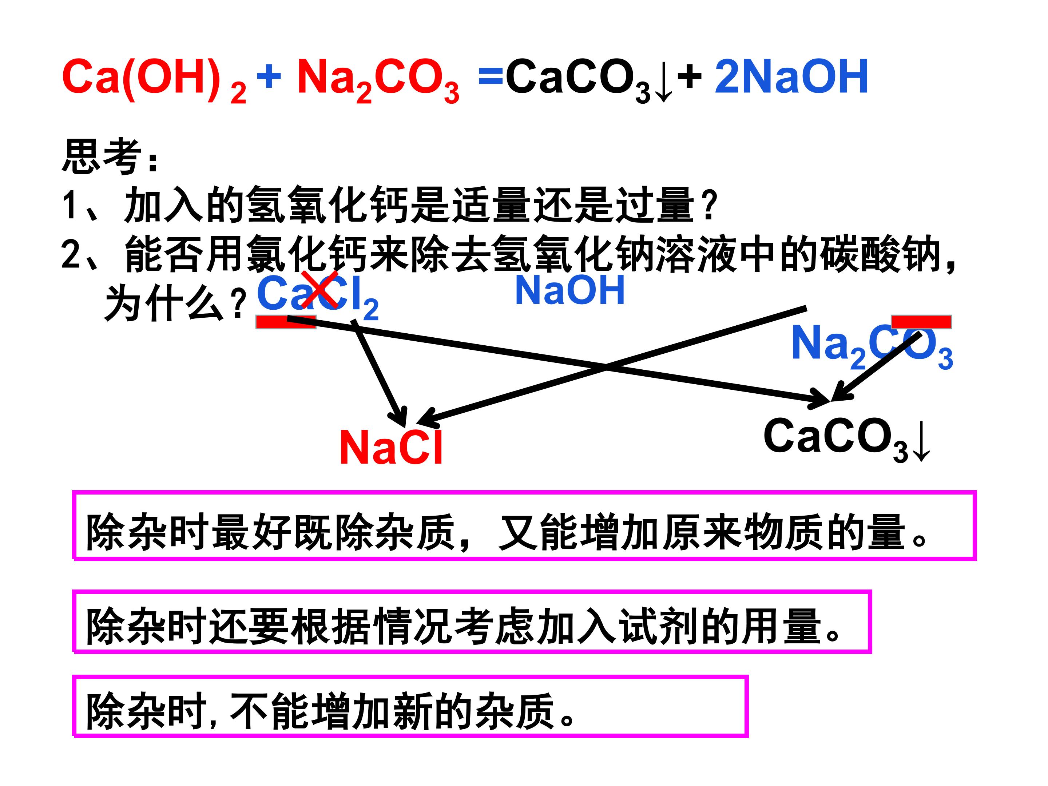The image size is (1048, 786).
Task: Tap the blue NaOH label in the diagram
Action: [x=570, y=290]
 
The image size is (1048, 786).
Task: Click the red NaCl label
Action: [x=391, y=447]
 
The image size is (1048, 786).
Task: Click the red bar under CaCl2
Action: [x=286, y=322]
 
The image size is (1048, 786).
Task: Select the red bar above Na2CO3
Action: [x=921, y=322]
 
